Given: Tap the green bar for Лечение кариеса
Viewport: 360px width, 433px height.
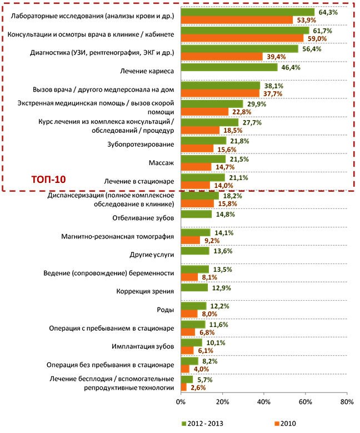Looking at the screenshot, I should tap(229, 67).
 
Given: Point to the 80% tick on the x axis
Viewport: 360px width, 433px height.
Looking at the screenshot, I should tap(346, 401).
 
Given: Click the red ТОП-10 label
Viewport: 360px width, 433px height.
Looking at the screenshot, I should tap(48, 180).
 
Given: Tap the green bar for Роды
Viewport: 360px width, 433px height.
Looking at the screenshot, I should tap(194, 306).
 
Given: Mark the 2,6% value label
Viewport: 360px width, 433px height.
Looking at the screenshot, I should tap(199, 387).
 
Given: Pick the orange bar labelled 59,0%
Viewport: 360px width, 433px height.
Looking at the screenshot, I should tap(242, 38).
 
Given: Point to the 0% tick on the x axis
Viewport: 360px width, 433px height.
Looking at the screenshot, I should tap(181, 401).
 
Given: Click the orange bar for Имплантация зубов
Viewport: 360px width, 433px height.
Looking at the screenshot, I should tap(187, 350).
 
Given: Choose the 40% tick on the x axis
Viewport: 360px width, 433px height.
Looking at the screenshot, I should tap(263, 401).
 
